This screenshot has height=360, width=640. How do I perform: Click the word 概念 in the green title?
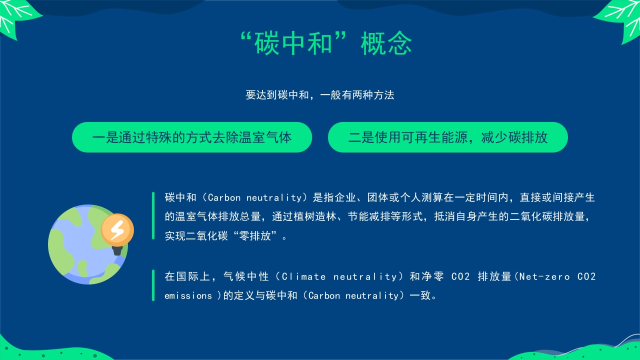pyautogui.click(x=386, y=43)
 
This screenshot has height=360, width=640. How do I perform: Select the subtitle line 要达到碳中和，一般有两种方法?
pyautogui.click(x=319, y=95)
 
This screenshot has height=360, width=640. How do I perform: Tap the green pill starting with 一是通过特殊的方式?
pyautogui.click(x=191, y=137)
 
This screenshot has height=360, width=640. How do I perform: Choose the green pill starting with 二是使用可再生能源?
pyautogui.click(x=447, y=137)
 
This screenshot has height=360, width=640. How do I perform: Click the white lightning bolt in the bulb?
pyautogui.click(x=117, y=229)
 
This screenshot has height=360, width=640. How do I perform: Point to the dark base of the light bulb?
pyautogui.click(x=117, y=250)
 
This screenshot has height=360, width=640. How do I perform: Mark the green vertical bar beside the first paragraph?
pyautogui.click(x=153, y=215)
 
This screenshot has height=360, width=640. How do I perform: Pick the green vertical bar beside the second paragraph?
pyautogui.click(x=153, y=285)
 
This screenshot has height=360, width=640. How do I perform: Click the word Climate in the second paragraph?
pyautogui.click(x=303, y=276)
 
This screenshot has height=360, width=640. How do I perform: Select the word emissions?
pyautogui.click(x=188, y=295)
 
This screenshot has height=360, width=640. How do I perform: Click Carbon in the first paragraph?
pyautogui.click(x=224, y=197)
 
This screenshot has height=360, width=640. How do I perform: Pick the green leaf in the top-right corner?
pyautogui.click(x=620, y=20)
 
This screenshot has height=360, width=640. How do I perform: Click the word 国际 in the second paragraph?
pyautogui.click(x=188, y=276)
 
